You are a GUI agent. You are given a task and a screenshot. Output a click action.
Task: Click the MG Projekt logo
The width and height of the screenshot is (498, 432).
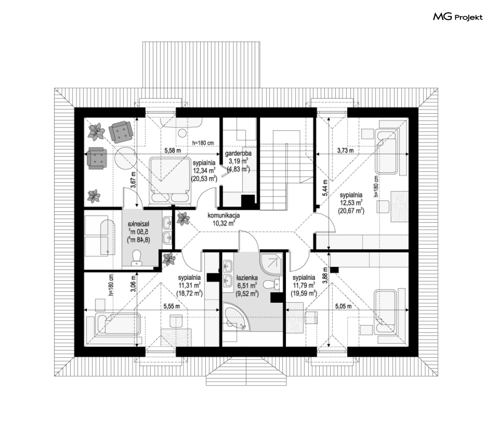(x=458, y=17)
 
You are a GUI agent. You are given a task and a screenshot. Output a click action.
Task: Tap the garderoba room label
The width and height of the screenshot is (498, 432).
(x=238, y=154)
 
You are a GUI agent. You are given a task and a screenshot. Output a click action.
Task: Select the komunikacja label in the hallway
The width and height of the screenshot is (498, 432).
(x=223, y=216)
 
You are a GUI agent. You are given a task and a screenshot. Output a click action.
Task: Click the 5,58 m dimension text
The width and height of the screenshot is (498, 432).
(x=173, y=150)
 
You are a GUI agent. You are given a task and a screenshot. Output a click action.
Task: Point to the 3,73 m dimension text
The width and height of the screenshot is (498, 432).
(x=345, y=150)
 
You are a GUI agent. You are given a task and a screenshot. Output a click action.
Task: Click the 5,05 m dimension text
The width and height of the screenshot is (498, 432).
(x=343, y=306)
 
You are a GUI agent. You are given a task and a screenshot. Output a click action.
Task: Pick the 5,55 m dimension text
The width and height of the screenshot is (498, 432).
(x=172, y=306)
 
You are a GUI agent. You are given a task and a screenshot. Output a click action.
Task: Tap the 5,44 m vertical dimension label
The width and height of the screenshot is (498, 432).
(x=325, y=188)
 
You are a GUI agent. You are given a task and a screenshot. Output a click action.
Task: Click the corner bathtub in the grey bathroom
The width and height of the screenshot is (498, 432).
(x=236, y=316)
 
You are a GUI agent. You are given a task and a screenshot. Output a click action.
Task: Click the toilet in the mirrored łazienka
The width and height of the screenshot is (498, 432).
(x=137, y=258)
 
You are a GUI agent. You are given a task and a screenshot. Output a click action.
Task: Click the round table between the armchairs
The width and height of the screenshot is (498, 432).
(x=125, y=158)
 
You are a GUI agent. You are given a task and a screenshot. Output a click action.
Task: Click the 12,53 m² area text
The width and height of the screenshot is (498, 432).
(x=351, y=203)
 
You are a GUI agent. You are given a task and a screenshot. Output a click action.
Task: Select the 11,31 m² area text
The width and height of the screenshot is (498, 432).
(x=189, y=285)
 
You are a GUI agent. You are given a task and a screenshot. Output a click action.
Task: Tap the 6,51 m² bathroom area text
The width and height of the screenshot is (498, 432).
(x=247, y=286)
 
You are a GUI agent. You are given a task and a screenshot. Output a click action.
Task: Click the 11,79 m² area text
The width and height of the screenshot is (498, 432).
(x=304, y=285)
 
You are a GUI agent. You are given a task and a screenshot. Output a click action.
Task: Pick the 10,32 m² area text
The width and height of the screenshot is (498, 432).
(x=223, y=223)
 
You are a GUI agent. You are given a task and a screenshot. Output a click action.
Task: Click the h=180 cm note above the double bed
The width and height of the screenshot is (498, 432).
(x=203, y=143)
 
